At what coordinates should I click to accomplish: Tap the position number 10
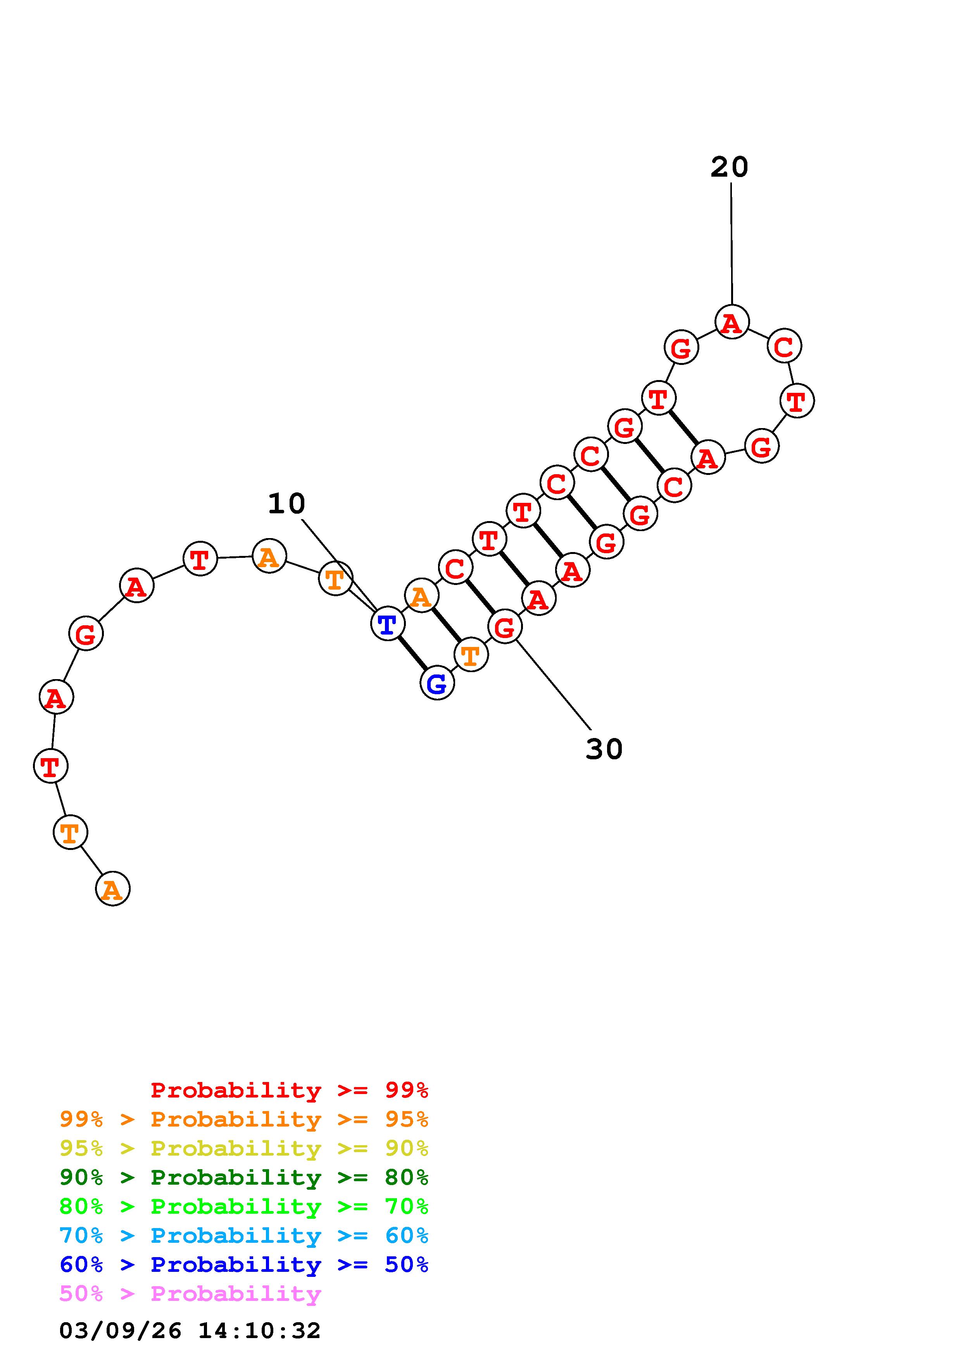coord(286,504)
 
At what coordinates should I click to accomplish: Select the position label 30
coord(604,749)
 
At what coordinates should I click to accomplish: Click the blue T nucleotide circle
coord(387,623)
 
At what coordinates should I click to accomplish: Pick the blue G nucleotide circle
coord(437,683)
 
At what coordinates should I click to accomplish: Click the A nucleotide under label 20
coord(732,322)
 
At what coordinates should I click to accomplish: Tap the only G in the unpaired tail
coord(86,633)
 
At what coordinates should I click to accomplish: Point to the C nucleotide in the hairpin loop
coord(784,346)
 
